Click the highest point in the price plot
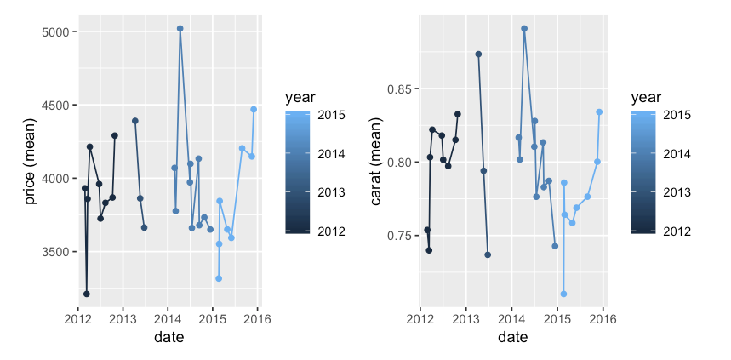pos(180,29)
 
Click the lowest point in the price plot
pos(87,294)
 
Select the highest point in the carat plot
pos(524,29)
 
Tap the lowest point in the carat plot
pos(563,294)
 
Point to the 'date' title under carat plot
pos(512,338)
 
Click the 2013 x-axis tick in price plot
pos(123,319)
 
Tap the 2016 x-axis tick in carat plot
pos(603,319)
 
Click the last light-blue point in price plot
pos(254,110)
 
